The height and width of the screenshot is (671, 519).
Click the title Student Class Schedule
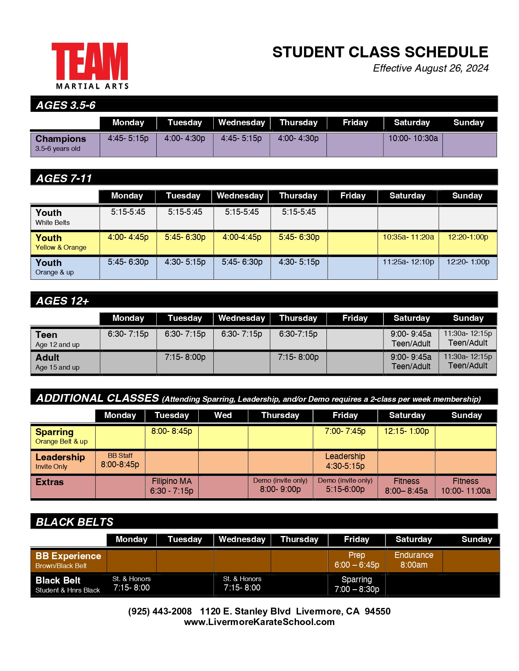point(380,52)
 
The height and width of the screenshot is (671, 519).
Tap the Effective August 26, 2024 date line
point(430,68)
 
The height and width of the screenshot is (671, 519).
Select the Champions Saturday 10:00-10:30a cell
point(413,139)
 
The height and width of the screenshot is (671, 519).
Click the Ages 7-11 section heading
point(64,179)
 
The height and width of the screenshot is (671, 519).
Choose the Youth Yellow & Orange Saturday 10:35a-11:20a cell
point(408,237)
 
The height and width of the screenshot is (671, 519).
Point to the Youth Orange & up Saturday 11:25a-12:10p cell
point(408,262)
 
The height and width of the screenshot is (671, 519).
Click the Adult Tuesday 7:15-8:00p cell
point(185,357)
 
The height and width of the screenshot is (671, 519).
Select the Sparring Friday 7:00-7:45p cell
point(345,431)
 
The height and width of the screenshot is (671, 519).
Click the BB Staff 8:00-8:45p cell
point(120,461)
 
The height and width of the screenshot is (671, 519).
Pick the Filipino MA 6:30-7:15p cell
point(171,486)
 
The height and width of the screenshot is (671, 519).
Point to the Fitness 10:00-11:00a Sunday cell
point(466,486)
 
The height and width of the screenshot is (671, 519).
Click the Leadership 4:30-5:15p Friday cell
point(345,461)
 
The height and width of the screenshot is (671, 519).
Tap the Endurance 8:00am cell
point(414,560)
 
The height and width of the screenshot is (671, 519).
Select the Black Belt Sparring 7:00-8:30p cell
point(357,584)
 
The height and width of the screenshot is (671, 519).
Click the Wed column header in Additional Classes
point(223,415)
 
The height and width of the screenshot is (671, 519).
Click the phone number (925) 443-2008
point(160,611)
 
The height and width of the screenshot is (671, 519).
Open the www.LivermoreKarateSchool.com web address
point(259,622)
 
